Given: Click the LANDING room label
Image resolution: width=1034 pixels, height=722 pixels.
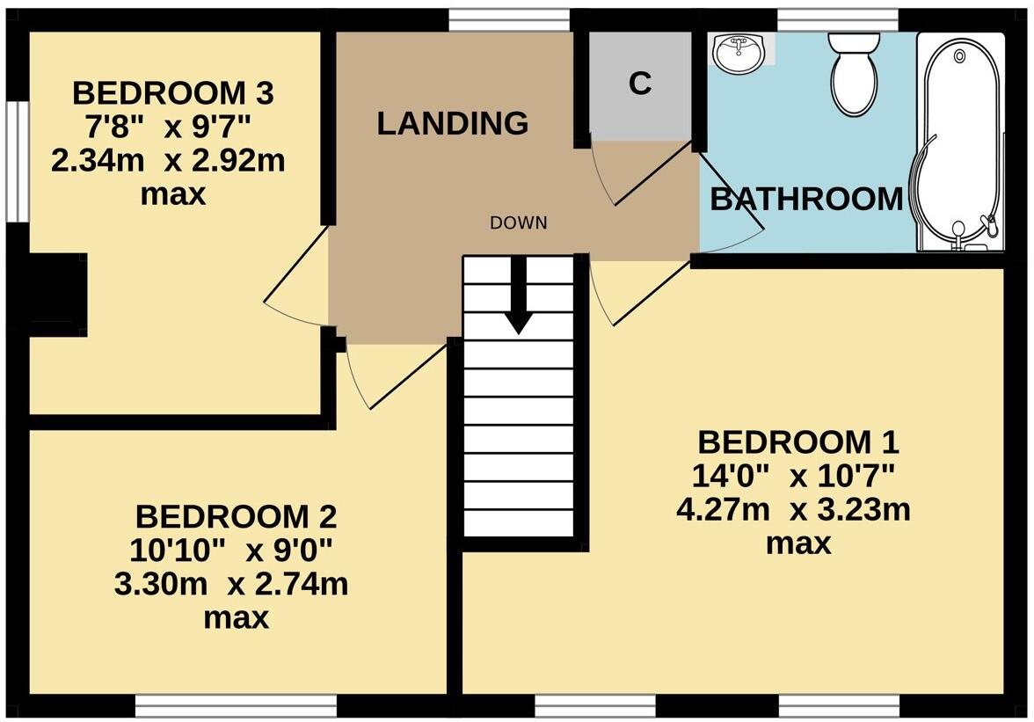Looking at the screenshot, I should (452, 124).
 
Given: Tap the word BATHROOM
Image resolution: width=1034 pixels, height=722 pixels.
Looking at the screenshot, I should (806, 200).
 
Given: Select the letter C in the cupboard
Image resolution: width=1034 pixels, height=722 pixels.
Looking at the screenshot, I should (640, 83).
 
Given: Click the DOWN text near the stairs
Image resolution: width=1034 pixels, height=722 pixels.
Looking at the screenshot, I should (518, 223).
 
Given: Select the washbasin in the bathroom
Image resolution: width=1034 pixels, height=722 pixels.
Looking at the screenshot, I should (738, 55).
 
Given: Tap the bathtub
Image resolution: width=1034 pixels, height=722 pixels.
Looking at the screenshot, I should (958, 141).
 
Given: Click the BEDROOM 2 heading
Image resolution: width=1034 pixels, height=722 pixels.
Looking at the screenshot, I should (235, 515).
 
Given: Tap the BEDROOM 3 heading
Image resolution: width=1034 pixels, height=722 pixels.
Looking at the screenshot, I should (173, 91).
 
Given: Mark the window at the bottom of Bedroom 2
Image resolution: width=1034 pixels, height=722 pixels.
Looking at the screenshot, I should (236, 706).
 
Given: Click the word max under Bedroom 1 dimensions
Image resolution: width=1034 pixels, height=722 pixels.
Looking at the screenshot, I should (797, 543).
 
